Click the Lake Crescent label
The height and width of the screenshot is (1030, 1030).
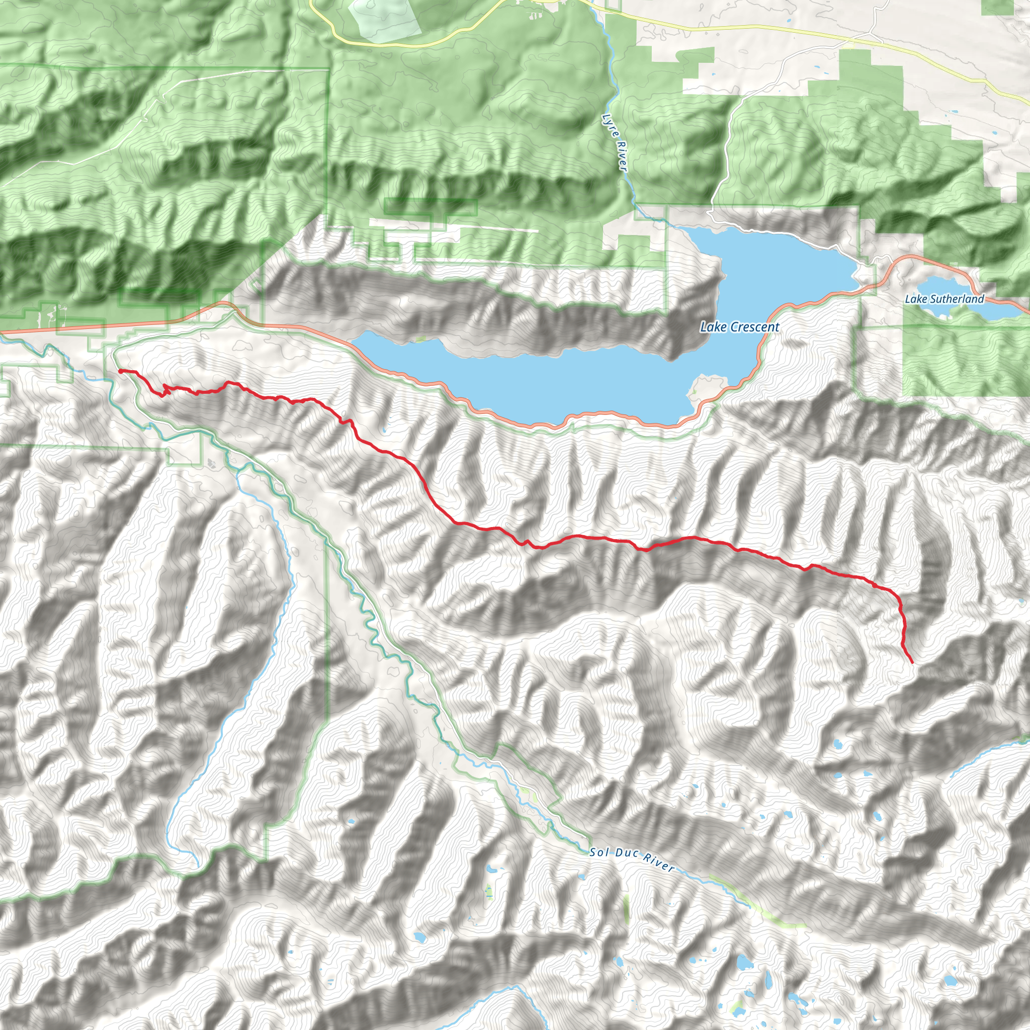coord(739,327)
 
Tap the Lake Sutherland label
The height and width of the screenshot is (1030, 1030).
coord(944,299)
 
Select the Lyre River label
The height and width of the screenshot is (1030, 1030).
coord(614,142)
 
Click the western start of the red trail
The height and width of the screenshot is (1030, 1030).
coord(120,371)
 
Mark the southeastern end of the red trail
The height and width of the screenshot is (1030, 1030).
coord(912,663)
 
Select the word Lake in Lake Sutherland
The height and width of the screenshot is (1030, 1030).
coord(915,299)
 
